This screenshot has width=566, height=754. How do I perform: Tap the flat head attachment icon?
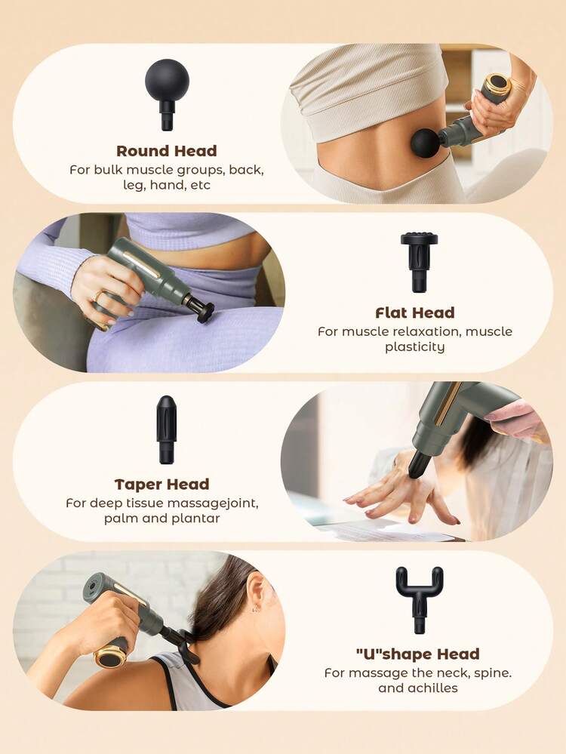click(x=419, y=262)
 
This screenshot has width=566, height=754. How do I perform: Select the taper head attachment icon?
click(x=166, y=429)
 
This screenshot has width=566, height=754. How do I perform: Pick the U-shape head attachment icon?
click(x=420, y=599)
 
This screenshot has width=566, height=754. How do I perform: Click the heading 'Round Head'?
click(x=166, y=151)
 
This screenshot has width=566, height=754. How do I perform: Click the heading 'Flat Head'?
click(x=415, y=313)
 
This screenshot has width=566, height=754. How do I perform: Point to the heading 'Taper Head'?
click(x=162, y=485)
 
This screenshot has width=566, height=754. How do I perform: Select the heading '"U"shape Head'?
click(x=418, y=654)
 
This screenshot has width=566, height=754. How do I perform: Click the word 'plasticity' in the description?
click(x=414, y=347)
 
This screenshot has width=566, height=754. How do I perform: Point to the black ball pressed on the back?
click(x=425, y=143)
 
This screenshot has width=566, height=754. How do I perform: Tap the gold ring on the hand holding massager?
click(x=96, y=296)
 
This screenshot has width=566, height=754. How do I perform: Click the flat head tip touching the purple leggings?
click(x=206, y=313)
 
